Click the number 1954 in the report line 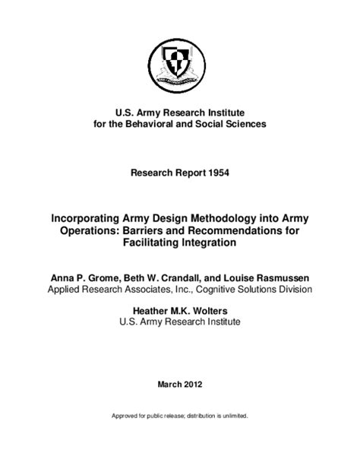pos(216,173)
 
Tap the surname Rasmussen pos(277,277)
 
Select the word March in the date pos(170,385)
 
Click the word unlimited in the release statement pos(232,417)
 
